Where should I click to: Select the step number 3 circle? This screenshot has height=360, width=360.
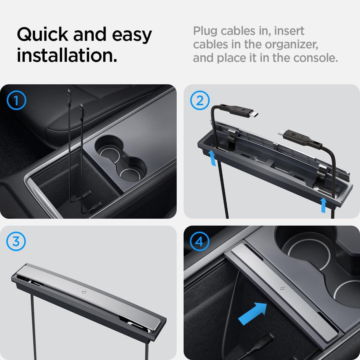point(16,242)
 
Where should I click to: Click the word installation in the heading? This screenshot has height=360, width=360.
point(67,56)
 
